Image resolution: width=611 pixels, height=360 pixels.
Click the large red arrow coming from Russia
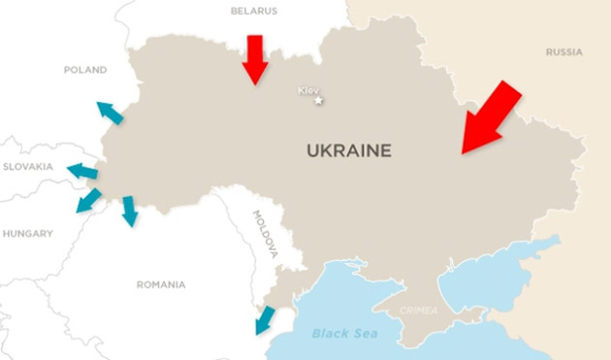pos(492,117)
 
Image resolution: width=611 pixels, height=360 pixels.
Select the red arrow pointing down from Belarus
pos(255,58)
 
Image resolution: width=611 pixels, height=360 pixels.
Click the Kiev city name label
pos(308,90)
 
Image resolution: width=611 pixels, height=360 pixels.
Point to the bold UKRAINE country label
pos(349,150)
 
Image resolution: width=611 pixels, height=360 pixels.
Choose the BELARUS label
pos(254,11)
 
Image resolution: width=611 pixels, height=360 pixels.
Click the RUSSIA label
pos(563,51)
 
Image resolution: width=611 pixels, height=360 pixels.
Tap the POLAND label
pos(85,70)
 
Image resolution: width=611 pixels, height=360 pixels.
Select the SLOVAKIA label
pos(27,166)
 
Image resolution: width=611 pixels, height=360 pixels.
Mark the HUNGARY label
pos(27,234)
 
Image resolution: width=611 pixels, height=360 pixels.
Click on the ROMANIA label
pos(161,284)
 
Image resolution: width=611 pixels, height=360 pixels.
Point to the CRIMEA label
pos(420,311)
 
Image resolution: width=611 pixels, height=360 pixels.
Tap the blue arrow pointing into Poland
pos(110,113)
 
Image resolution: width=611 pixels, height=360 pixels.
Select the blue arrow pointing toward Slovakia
pos(82,173)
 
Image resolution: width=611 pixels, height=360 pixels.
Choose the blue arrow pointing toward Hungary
pos(88,201)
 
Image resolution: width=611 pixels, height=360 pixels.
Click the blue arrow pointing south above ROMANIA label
pos(129,211)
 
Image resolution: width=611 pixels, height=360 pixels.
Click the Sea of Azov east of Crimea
pos(485,272)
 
